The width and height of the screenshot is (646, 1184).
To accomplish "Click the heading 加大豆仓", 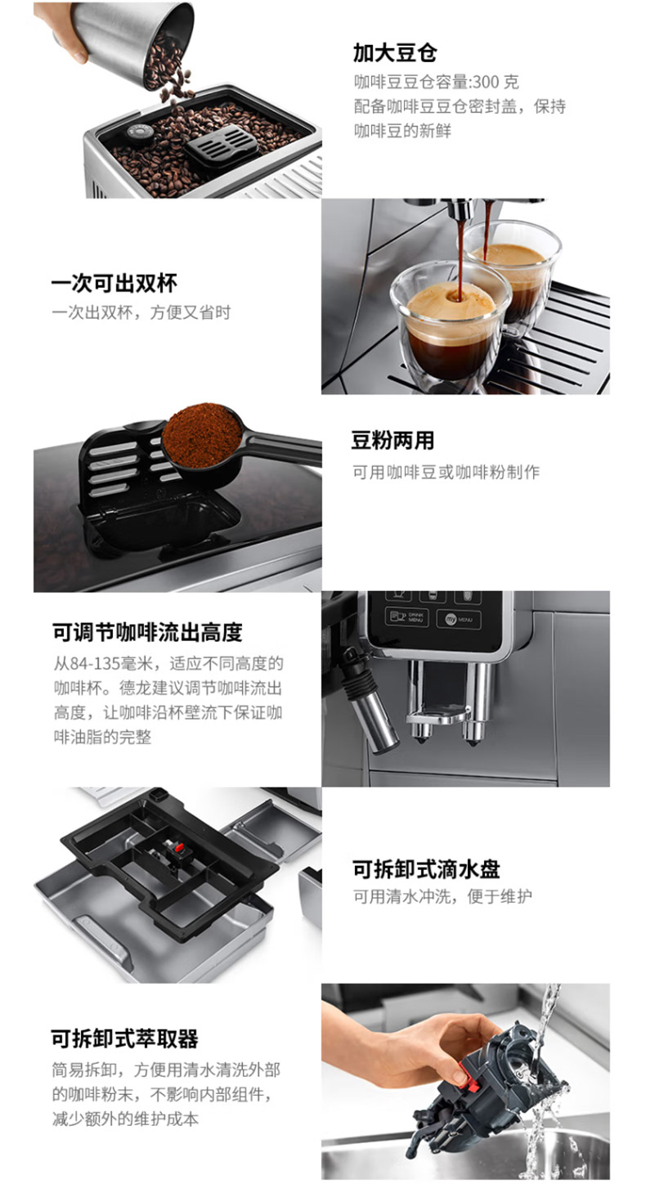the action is click(395, 53).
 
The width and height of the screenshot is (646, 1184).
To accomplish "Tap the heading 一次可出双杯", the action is click(114, 283).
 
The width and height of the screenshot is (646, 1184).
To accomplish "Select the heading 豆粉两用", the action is click(393, 440).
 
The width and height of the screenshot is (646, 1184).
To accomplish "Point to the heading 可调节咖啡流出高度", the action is click(147, 632).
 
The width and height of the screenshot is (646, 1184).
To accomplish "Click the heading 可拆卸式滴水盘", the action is click(426, 869).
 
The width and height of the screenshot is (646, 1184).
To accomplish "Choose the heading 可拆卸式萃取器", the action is click(125, 1038).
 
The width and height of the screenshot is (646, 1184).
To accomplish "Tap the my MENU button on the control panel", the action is click(459, 619).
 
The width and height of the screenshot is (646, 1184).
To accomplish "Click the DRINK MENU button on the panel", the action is click(406, 617).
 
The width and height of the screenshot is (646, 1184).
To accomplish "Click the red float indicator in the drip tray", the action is click(179, 848).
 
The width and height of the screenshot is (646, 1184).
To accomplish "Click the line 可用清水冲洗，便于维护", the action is click(442, 896).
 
